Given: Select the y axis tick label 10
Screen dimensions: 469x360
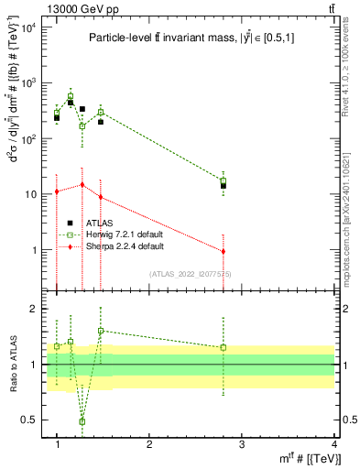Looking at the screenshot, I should tap(31, 195).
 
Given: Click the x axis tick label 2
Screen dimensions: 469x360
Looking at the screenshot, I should tap(149, 443).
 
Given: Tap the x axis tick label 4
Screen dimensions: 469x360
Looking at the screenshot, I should tap(334, 443).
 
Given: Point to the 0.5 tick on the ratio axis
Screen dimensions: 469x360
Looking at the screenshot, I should tap(30, 420).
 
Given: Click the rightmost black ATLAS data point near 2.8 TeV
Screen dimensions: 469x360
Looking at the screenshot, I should tap(223, 185).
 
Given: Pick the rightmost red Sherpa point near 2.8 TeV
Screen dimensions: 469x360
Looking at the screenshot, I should tap(223, 251).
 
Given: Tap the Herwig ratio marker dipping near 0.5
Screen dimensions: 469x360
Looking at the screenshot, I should tap(82, 421).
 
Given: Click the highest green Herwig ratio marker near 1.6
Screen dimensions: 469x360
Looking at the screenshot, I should tap(101, 331).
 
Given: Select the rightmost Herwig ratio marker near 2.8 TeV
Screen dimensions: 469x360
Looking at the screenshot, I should tap(223, 347).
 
